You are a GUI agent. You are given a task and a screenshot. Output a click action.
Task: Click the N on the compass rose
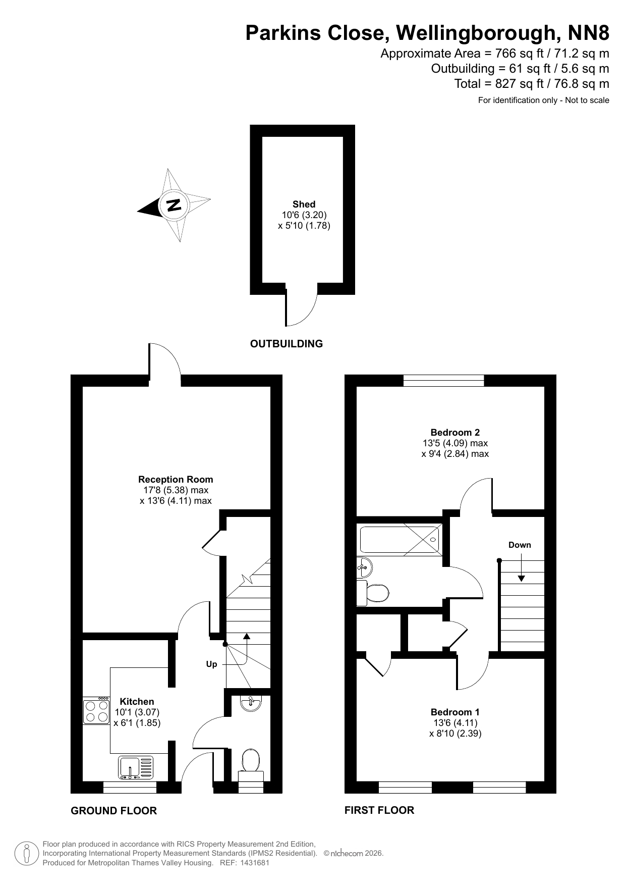[x=174, y=205]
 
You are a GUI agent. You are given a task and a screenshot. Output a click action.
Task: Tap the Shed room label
[x=304, y=204]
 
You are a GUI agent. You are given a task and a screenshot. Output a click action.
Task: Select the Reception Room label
[x=176, y=480]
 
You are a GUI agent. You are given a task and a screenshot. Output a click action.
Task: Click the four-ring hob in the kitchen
[x=97, y=711]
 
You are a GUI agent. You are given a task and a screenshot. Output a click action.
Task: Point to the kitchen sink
[x=136, y=767]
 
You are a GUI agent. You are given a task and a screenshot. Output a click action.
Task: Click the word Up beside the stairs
[x=211, y=664]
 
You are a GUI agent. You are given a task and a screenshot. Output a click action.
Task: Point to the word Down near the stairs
[x=520, y=545]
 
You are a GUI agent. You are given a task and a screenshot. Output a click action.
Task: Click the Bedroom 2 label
[x=455, y=432]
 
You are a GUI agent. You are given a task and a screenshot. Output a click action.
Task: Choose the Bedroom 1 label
[x=455, y=712]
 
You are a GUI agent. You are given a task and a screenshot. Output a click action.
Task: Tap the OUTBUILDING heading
[x=287, y=344]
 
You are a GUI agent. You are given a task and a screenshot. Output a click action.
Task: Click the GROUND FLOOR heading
[x=114, y=811]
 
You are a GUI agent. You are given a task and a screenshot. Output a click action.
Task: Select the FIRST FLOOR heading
[x=379, y=810]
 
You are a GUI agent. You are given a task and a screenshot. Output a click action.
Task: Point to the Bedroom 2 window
[x=444, y=381]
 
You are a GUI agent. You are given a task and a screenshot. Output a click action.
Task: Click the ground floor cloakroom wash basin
[x=251, y=703]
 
